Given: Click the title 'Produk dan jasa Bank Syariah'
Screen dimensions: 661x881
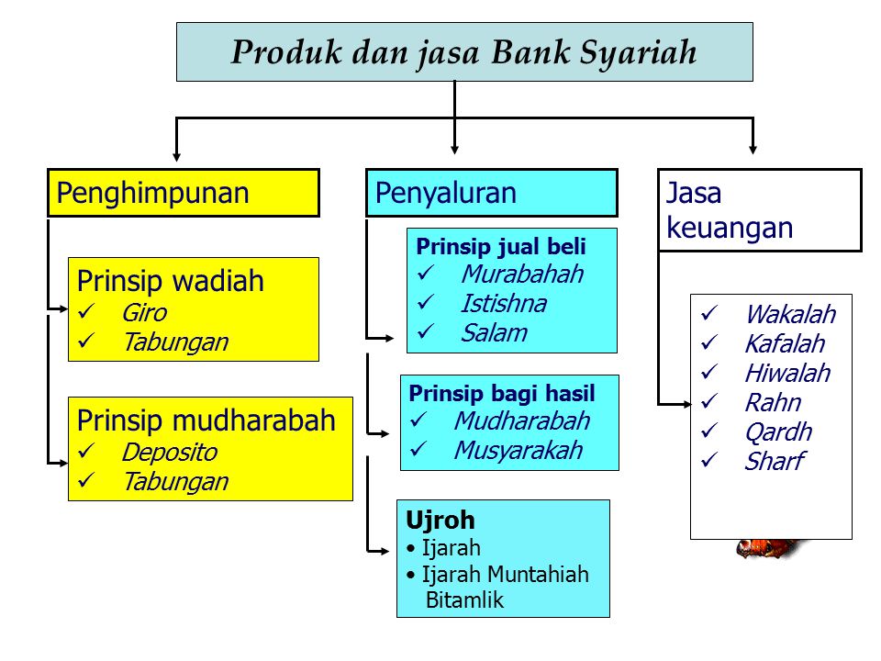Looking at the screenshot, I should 463,52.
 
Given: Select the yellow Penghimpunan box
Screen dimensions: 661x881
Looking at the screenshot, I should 183,193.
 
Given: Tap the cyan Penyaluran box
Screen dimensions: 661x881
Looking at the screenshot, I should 491,193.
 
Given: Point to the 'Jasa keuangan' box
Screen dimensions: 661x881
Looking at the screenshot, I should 759,210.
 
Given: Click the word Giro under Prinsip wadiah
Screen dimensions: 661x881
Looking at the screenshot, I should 144,313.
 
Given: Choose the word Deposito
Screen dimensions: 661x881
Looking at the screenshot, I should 169,453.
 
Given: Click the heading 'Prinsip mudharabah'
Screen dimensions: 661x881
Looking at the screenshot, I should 206,421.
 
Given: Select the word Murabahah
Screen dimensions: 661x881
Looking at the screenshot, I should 521,274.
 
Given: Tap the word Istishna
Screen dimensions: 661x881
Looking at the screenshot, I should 503,303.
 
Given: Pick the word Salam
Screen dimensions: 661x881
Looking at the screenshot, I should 494,332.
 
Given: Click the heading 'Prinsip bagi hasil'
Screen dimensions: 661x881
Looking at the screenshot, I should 502,394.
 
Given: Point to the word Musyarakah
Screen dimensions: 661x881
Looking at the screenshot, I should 518,451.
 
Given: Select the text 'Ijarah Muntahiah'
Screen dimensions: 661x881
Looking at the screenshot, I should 505,575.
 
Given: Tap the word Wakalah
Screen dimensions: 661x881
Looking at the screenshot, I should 789,315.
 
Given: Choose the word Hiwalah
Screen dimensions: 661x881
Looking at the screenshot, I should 786,374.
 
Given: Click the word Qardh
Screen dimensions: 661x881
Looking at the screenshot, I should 778,432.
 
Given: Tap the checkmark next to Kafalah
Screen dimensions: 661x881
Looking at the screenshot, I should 708,343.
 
